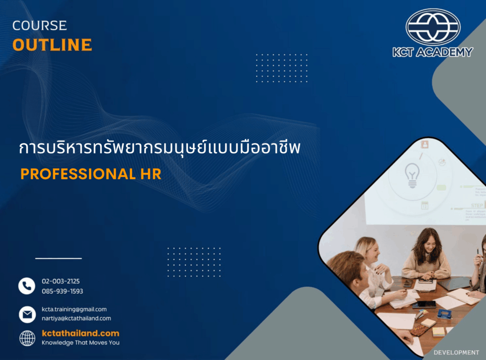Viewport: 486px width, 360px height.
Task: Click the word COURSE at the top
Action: [40, 25]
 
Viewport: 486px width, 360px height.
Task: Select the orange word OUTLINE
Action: [52, 45]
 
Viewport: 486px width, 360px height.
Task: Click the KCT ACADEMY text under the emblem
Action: [432, 52]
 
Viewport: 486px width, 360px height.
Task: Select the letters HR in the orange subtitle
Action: [150, 174]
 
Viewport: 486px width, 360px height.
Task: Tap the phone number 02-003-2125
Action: [61, 281]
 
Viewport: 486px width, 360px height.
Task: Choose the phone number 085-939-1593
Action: [62, 291]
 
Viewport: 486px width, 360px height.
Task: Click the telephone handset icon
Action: [27, 286]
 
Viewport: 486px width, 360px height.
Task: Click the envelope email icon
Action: [27, 314]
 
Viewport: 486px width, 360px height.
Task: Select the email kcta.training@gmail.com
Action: [74, 309]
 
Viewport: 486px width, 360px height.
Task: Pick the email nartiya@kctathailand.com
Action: [76, 318]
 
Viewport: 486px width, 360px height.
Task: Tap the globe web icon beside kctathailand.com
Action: [27, 338]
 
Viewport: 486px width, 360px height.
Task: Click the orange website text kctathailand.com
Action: [80, 333]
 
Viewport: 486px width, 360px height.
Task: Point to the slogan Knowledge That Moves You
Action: [80, 342]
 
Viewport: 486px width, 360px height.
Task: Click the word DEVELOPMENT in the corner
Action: [456, 352]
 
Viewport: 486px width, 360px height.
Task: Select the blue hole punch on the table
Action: [444, 314]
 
